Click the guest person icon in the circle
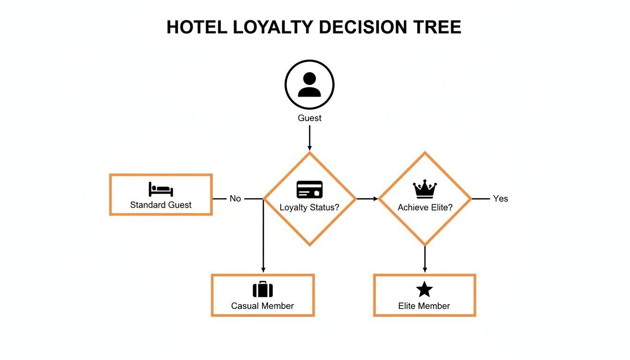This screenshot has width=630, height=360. click(x=309, y=85)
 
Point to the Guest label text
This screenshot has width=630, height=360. click(x=309, y=118)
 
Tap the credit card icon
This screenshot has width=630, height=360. click(x=309, y=189)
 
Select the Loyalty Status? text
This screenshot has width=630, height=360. click(x=309, y=207)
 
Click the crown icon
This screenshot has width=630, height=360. click(x=425, y=189)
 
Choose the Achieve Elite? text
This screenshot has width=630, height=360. click(x=425, y=207)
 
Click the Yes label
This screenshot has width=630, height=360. click(x=500, y=199)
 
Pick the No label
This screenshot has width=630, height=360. click(x=235, y=199)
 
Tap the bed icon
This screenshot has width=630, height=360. click(x=161, y=189)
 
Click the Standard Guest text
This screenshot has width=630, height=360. click(x=161, y=205)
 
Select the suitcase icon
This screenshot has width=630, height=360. click(x=262, y=290)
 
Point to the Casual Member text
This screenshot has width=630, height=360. click(x=262, y=306)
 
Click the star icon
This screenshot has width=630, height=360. click(x=424, y=290)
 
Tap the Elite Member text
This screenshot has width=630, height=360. click(x=424, y=306)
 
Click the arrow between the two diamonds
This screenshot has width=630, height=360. click(x=367, y=199)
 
